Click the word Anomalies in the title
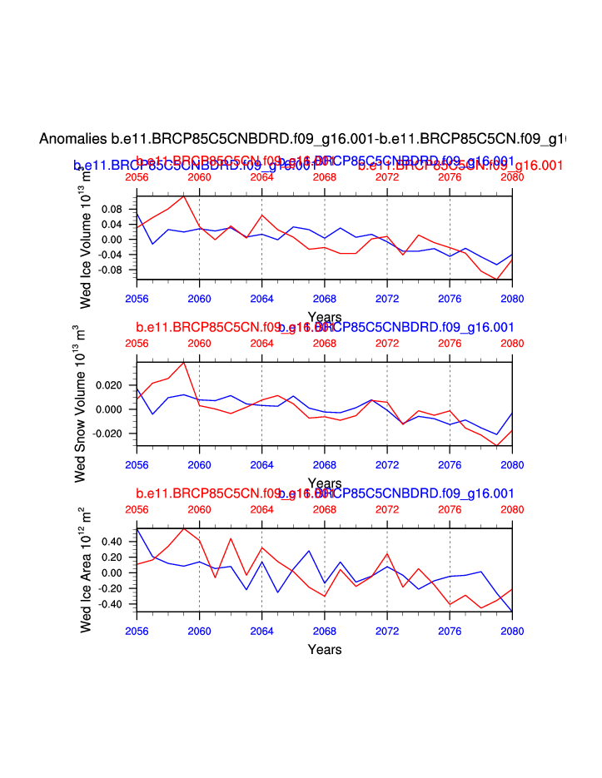73,138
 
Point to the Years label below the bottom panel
324,649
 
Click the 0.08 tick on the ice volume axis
112,208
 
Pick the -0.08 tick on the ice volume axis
110,270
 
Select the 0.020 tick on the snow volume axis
108,385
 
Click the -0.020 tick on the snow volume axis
107,434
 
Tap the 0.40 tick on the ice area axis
112,542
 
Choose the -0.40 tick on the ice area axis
110,604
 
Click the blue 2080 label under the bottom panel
511,631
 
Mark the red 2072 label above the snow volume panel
387,343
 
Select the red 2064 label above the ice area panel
261,509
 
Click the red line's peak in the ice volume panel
183,196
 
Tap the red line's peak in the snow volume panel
183,362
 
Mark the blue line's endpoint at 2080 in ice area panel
511,611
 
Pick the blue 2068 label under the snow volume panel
324,464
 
